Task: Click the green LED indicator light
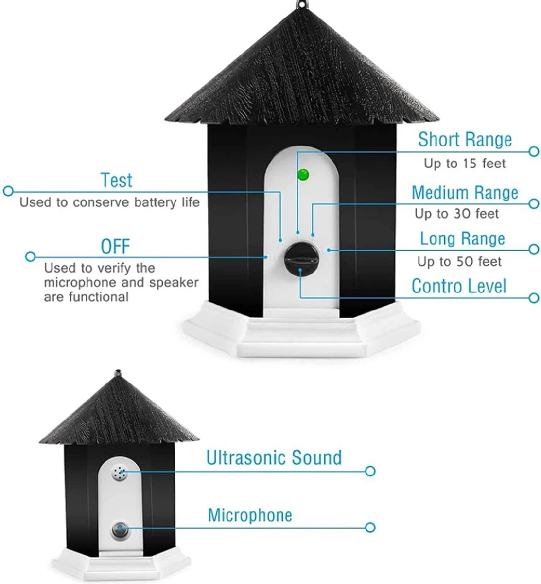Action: click(303, 174)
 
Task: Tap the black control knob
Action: click(301, 259)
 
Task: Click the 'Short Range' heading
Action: click(465, 139)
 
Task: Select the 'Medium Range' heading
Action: click(465, 193)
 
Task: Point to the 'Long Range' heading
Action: click(463, 238)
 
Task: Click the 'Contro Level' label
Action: click(459, 286)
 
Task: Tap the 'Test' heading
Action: click(117, 180)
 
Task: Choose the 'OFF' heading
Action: click(115, 246)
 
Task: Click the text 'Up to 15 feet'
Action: click(465, 164)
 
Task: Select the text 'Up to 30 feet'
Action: click(456, 214)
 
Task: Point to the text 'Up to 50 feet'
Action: click(459, 261)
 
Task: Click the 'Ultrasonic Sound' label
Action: click(274, 458)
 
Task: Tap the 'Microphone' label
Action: click(250, 515)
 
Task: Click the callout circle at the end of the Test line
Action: click(8, 191)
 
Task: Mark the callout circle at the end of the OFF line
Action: click(30, 256)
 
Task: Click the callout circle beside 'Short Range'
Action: click(534, 152)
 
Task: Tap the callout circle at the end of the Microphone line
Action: click(370, 528)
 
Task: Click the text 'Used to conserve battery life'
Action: click(109, 202)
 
